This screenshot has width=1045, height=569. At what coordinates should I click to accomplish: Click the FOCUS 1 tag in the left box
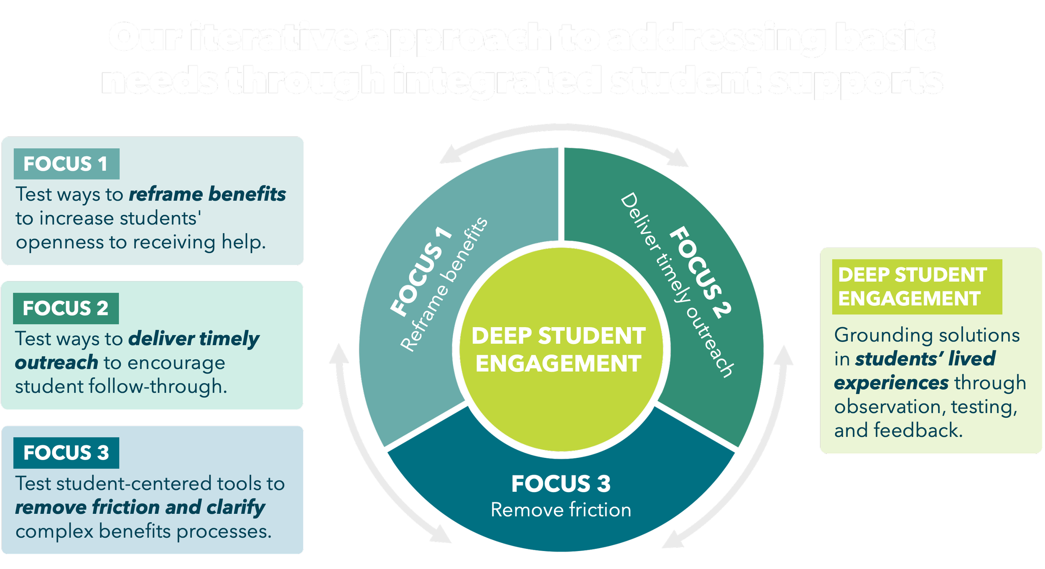[x=66, y=164]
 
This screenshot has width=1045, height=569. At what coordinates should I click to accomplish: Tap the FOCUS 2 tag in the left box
[x=66, y=308]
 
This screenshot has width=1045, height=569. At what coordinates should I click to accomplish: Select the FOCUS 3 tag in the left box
[x=66, y=453]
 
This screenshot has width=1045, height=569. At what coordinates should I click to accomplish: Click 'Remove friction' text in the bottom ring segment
[x=561, y=510]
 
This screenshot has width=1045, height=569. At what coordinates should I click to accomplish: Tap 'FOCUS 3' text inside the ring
[x=561, y=484]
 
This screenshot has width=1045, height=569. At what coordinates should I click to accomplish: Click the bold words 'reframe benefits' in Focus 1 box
[x=207, y=194]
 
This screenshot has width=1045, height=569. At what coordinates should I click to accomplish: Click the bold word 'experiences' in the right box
[x=891, y=383]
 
